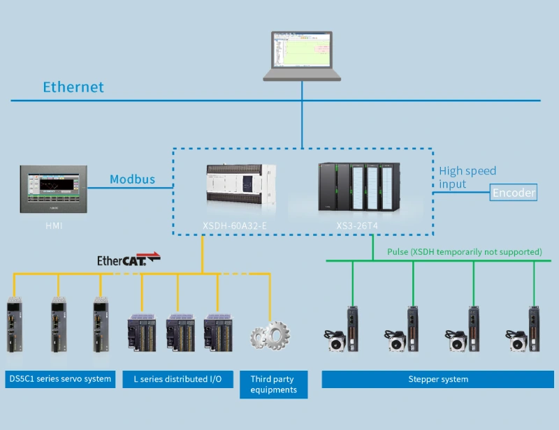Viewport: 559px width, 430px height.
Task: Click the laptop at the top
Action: [x=302, y=55]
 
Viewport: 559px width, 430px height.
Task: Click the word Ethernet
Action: [x=73, y=87]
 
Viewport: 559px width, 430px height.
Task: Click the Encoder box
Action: [x=514, y=193]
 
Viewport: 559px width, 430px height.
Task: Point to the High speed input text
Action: [x=467, y=177]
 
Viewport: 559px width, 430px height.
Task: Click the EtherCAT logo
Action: [x=129, y=260]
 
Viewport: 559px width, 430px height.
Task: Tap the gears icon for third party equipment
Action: [x=270, y=335]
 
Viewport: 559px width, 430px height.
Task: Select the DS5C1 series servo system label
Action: [x=60, y=379]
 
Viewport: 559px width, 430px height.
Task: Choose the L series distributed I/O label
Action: [x=177, y=379]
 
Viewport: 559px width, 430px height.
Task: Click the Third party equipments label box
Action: [x=273, y=385]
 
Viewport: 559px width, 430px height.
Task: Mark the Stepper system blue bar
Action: [x=438, y=379]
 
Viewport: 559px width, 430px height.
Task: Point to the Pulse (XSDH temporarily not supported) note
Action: [x=465, y=251]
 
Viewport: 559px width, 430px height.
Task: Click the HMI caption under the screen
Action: [x=54, y=225]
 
